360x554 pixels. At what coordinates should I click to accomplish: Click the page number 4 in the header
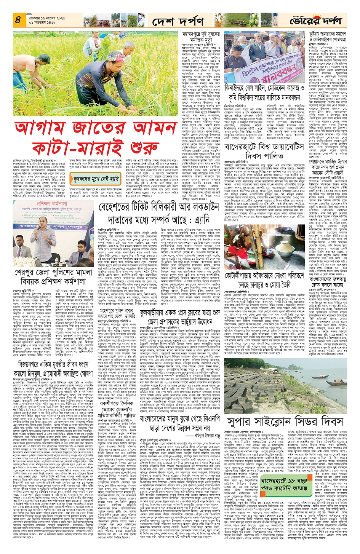pos(18,19)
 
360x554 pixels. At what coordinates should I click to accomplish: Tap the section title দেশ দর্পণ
pos(178,22)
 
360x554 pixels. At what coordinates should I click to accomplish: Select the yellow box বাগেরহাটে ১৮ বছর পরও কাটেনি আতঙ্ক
pos(284,484)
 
